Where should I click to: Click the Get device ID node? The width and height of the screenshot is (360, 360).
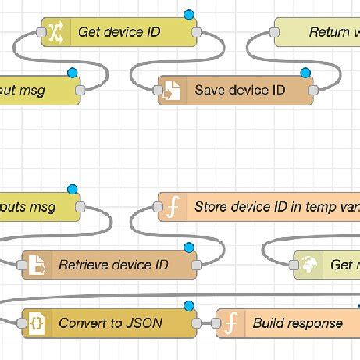[119, 32]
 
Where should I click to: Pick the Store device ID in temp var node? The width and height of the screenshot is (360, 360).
[266, 207]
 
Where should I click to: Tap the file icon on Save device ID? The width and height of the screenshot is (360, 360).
[172, 91]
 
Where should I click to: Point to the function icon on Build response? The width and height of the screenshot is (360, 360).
[230, 323]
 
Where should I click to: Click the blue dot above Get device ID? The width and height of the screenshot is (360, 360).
[187, 14]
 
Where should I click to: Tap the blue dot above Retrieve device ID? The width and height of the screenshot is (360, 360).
[187, 247]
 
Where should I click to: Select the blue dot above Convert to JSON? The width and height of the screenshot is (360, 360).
[187, 305]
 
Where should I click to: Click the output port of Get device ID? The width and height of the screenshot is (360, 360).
[197, 32]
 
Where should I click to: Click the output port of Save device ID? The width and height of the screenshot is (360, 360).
[313, 91]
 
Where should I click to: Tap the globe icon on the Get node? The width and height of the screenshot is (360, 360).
[308, 265]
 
